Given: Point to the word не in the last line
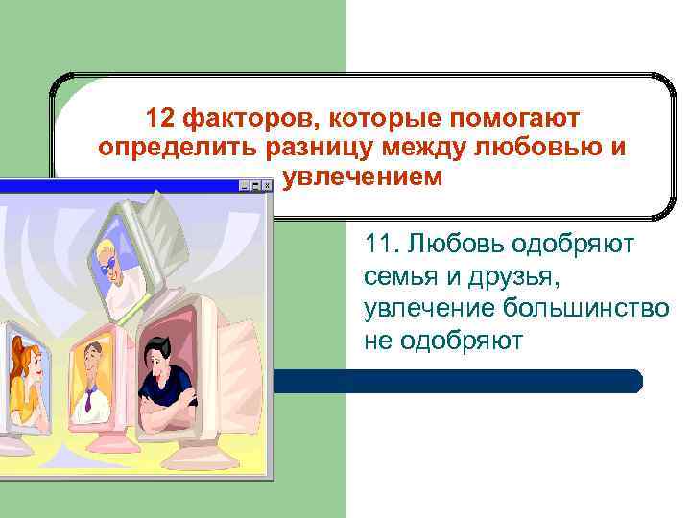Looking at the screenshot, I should (x=377, y=341).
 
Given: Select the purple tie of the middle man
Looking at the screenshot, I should (x=88, y=397).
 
